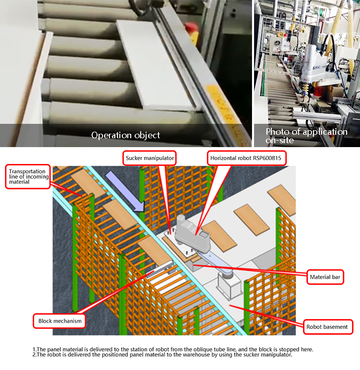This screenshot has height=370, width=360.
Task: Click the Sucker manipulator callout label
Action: point(150,158)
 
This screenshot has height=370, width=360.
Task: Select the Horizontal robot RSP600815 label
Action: point(247,158)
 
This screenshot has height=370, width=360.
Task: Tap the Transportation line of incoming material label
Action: point(28,176)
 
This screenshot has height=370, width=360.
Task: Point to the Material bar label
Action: point(325,277)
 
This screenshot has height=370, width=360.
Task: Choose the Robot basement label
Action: point(328,327)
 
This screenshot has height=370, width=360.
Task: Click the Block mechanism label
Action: point(59,321)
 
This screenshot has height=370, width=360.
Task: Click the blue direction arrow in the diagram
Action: point(125,191)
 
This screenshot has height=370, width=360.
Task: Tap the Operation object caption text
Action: point(126,135)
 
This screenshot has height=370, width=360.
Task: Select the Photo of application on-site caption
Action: point(307,136)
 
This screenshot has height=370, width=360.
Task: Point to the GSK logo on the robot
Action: point(316,68)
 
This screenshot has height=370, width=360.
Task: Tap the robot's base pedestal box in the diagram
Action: point(229,285)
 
